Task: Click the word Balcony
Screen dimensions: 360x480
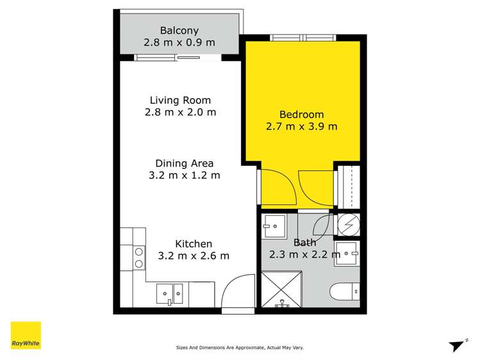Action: tap(179, 30)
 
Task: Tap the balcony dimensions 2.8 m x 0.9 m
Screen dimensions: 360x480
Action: tap(179, 43)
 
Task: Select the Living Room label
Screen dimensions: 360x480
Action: tap(180, 100)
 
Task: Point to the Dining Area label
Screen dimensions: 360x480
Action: tap(184, 163)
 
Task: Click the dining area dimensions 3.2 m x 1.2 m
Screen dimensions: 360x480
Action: tap(184, 175)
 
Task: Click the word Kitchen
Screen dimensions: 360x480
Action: tap(194, 244)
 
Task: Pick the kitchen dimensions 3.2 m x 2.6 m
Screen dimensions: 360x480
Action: tap(194, 256)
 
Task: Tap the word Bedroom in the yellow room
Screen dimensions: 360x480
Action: tap(301, 115)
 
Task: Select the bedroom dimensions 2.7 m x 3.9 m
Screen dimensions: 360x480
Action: tap(301, 126)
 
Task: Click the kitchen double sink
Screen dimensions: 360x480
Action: tap(170, 293)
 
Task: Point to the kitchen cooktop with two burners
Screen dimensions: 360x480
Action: tap(138, 258)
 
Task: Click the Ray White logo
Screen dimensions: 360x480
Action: tap(26, 336)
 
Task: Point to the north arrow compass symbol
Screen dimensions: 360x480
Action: tap(458, 345)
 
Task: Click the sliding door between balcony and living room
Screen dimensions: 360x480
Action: tap(178, 58)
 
